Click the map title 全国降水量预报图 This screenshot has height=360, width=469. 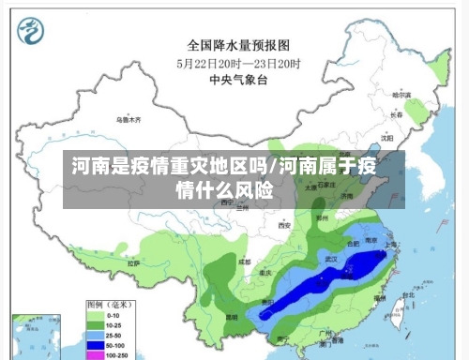coord(238,44)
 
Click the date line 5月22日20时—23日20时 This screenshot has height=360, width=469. coord(238,63)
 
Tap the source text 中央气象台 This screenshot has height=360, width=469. coord(238,81)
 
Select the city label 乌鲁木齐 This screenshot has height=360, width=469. coord(128,120)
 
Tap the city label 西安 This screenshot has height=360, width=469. coord(284,225)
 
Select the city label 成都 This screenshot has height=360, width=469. coord(244,261)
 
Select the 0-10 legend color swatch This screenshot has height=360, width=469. coord(94,317)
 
